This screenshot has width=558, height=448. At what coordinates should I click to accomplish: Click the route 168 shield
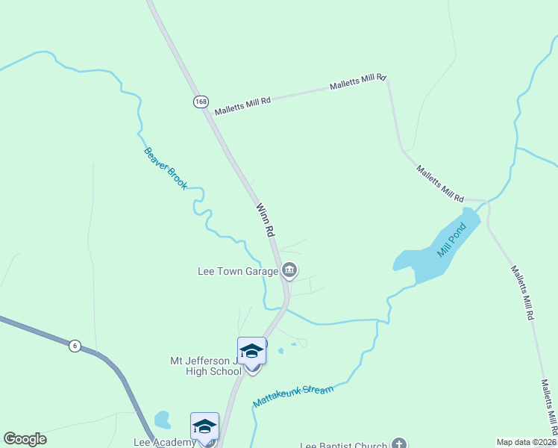click(x=200, y=102)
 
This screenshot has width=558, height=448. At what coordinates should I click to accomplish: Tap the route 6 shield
click(x=74, y=345)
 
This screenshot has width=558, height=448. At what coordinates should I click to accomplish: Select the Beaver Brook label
click(x=166, y=168)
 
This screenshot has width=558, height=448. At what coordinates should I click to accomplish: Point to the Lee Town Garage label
click(x=237, y=270)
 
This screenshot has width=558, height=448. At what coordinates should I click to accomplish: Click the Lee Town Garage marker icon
click(x=289, y=270)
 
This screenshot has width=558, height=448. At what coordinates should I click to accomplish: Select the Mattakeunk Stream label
click(x=292, y=395)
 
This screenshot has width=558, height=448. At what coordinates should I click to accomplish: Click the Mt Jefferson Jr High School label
click(x=204, y=366)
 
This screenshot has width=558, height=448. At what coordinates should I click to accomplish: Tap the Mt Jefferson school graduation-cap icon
click(x=252, y=350)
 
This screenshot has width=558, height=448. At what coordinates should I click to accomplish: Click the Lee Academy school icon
click(x=204, y=426)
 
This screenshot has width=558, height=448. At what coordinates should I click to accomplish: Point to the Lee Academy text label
click(x=173, y=442)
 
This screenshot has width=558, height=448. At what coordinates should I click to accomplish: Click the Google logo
click(x=25, y=439)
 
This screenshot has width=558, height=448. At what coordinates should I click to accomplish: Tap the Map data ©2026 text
click(x=526, y=442)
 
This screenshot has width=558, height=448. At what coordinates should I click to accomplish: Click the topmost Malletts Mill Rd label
click(x=359, y=81)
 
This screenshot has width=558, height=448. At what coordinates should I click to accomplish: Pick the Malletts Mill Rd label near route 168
click(x=242, y=105)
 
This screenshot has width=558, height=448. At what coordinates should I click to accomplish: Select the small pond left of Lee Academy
click(x=162, y=420)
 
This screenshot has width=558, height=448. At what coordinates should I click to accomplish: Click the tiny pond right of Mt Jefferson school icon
click(x=280, y=350)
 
